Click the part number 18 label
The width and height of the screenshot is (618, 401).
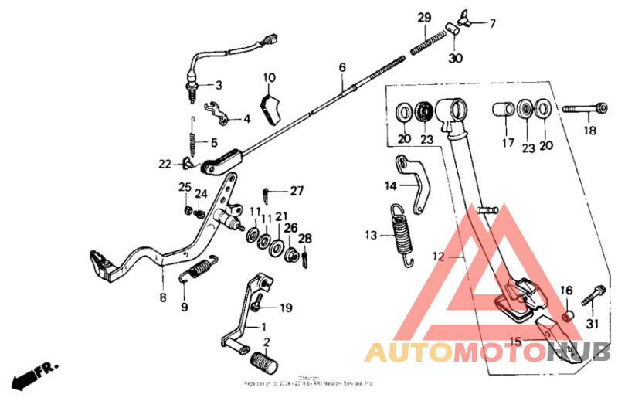coord(589,131)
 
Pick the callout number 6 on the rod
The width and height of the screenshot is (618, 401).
coord(341,67)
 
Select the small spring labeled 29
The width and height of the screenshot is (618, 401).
coord(429,42)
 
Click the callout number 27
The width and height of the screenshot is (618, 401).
coord(297,191)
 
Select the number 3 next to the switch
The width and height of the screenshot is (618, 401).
coord(219,85)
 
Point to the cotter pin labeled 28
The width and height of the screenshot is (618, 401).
coord(305,256)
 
